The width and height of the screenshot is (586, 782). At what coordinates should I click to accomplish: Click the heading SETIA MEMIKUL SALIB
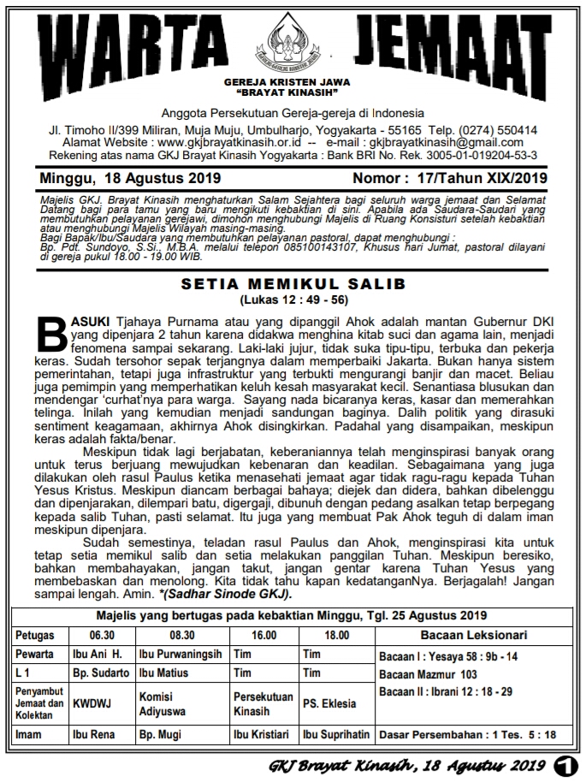(x=293, y=283)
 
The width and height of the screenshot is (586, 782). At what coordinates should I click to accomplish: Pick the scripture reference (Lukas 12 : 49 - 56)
(x=293, y=300)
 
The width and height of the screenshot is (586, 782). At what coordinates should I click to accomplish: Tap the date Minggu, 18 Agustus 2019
(x=130, y=179)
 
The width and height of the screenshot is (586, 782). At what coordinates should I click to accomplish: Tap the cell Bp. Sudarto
(x=100, y=673)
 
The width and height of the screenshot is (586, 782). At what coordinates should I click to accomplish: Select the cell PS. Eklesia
(x=329, y=704)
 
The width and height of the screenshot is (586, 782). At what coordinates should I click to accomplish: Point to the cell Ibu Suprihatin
(x=336, y=734)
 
